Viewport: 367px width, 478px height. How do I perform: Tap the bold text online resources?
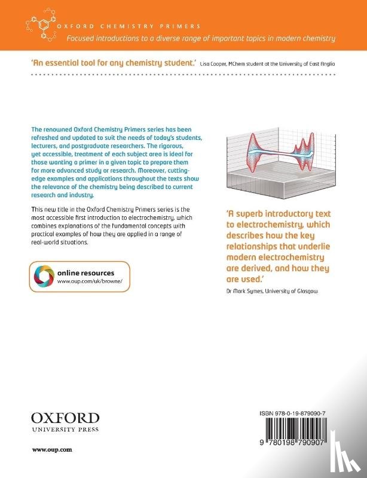click(x=85, y=272)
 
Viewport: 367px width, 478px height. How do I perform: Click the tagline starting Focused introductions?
click(x=200, y=38)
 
